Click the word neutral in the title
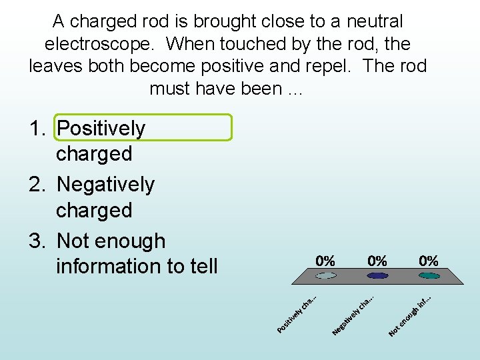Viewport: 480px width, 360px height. click(373, 21)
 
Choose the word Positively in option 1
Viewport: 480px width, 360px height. click(101, 128)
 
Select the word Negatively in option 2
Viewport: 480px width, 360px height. click(106, 185)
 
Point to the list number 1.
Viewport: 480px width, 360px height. click(38, 128)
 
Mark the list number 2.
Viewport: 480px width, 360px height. click(38, 185)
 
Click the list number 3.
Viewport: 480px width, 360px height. click(38, 241)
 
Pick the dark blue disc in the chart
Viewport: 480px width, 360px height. click(377, 275)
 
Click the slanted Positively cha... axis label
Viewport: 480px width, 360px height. click(297, 314)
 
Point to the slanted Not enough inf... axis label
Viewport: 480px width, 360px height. click(411, 315)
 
